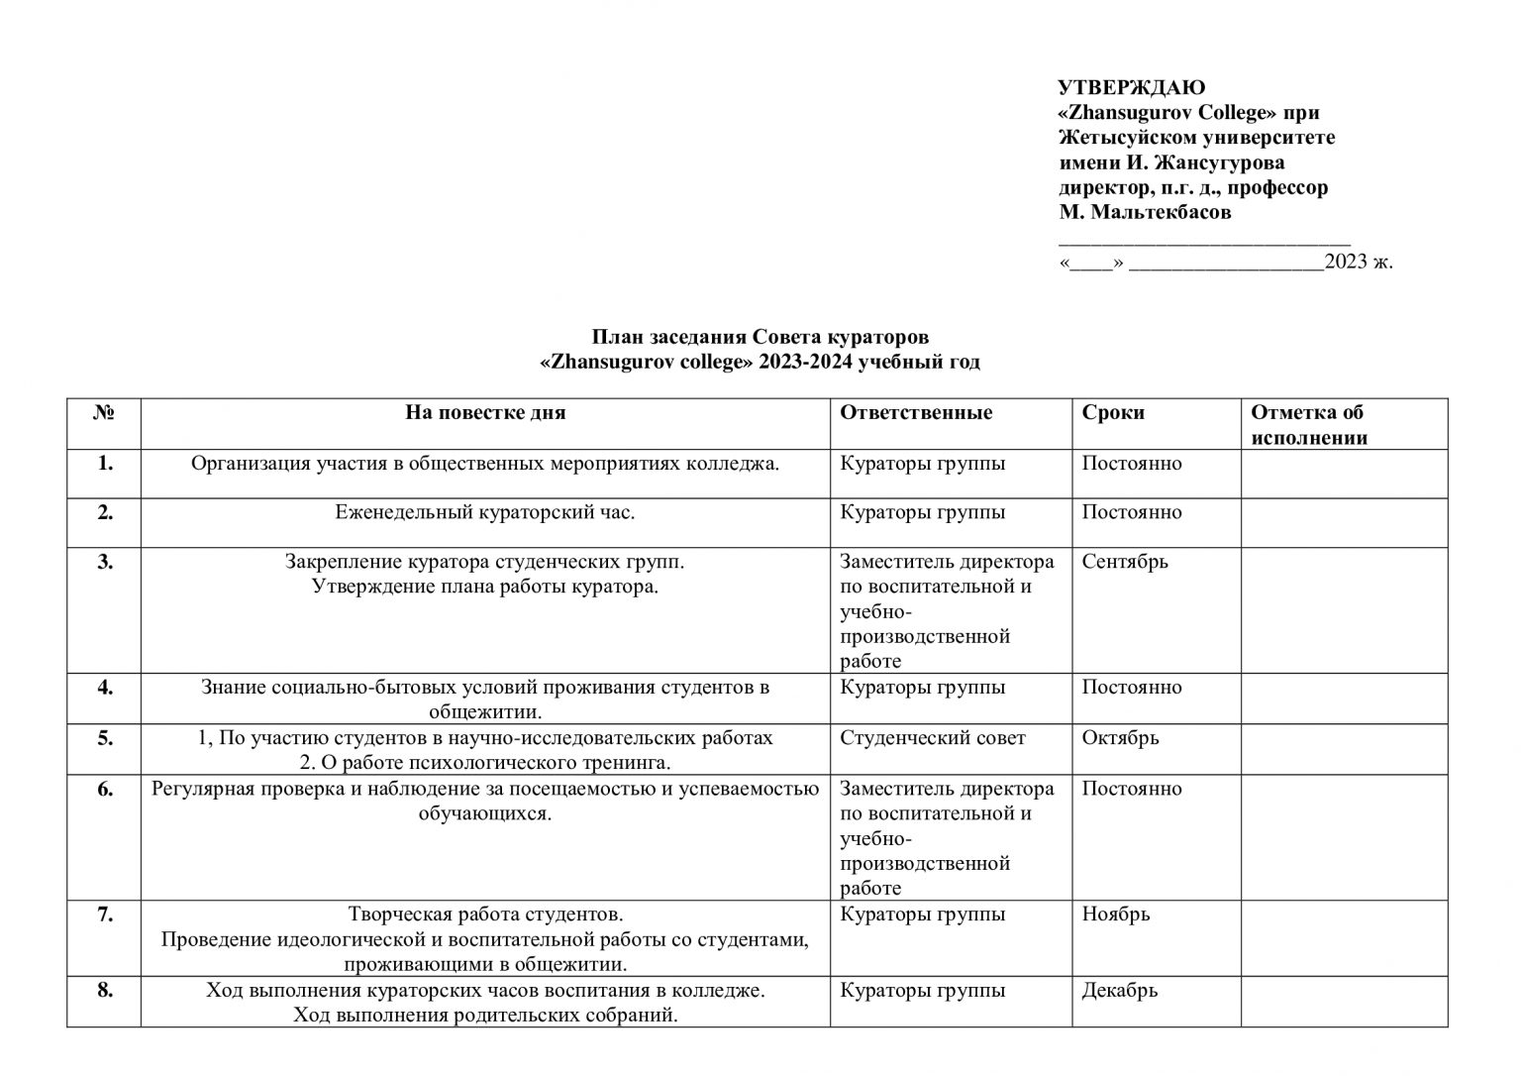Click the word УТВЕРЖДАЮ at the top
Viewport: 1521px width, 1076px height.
(x=1132, y=87)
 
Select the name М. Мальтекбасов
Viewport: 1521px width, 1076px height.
(x=1145, y=212)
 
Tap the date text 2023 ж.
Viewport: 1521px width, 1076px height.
(x=1359, y=262)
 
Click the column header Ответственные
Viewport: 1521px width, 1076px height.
(x=916, y=412)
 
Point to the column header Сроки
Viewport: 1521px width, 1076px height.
(x=1113, y=412)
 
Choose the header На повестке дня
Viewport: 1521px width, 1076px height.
(x=485, y=412)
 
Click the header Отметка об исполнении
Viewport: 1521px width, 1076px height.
(x=1308, y=425)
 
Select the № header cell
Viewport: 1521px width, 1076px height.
(x=104, y=412)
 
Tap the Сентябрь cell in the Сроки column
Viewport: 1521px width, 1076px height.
(x=1125, y=562)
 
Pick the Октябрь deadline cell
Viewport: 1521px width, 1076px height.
(x=1120, y=738)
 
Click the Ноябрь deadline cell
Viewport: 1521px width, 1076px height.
(x=1116, y=914)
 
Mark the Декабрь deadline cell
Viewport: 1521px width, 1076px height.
(x=1120, y=990)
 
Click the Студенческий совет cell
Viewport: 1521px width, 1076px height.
(x=933, y=738)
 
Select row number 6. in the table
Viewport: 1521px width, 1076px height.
(x=105, y=790)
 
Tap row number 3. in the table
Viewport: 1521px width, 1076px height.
(x=105, y=562)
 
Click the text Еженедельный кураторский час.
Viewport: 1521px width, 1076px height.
(x=485, y=512)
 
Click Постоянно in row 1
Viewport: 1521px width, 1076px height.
(x=1132, y=463)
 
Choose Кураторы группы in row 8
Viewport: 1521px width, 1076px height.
(x=923, y=990)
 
